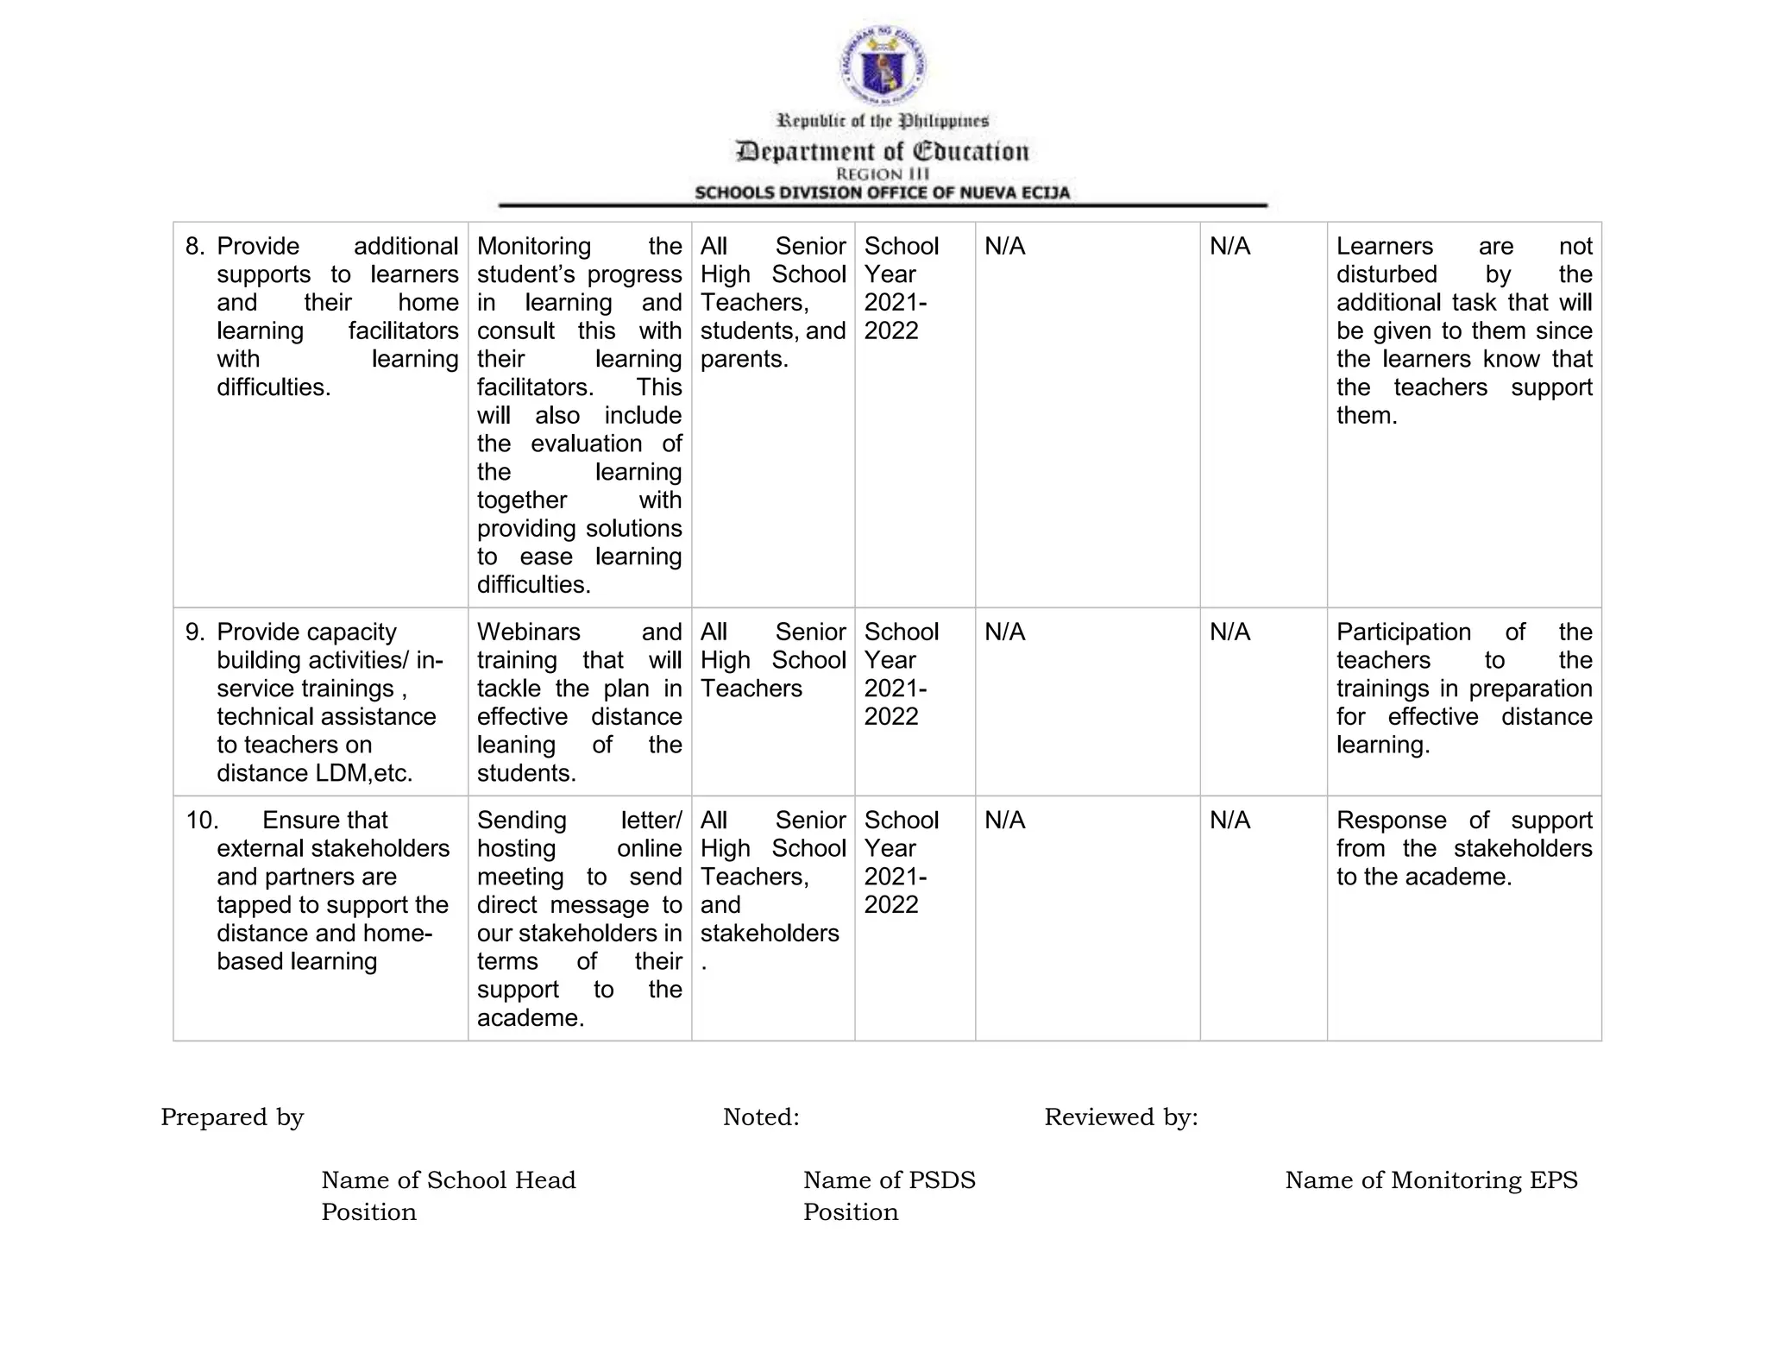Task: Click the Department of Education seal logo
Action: click(883, 66)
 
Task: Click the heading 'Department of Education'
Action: click(883, 152)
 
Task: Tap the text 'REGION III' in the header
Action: click(883, 174)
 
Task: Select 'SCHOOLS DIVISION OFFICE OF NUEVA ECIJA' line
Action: click(883, 192)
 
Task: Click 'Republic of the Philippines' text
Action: click(883, 121)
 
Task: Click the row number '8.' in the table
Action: click(195, 247)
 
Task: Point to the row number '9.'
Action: click(195, 632)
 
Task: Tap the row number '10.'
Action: click(202, 821)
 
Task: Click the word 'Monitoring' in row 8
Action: click(533, 247)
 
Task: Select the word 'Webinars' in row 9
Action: click(528, 632)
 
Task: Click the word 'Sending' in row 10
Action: click(521, 821)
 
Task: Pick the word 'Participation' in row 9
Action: click(1403, 632)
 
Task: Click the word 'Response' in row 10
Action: click(1391, 821)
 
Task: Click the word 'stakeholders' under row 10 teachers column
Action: click(769, 934)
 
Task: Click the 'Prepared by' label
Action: click(232, 1117)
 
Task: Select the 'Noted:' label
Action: click(761, 1117)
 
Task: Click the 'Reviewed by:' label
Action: click(1121, 1117)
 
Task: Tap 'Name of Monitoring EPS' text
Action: click(1431, 1180)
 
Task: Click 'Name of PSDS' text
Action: click(889, 1180)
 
